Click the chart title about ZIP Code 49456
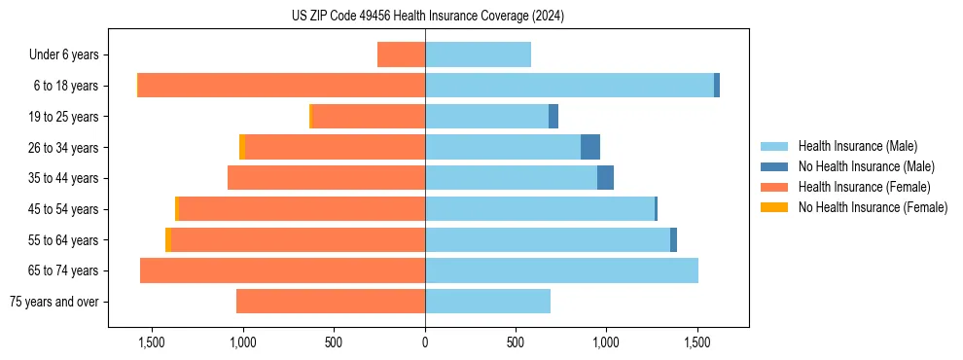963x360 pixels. click(427, 16)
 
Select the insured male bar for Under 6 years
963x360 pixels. click(478, 54)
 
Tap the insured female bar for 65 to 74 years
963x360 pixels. click(282, 270)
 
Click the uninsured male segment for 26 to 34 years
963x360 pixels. click(589, 147)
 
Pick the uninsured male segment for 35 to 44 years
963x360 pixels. click(605, 178)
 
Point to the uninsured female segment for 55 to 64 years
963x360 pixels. click(168, 239)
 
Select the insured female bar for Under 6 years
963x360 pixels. click(401, 54)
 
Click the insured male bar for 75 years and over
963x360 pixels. click(487, 302)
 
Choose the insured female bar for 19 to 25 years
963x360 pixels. click(368, 117)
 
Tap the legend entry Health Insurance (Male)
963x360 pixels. click(857, 146)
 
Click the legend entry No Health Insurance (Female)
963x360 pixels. click(872, 207)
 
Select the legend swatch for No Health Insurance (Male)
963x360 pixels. click(774, 166)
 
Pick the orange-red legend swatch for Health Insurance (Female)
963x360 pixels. click(774, 187)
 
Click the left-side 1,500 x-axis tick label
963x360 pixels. click(151, 342)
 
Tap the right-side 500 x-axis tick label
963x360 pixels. click(516, 342)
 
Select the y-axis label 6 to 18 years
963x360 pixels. click(65, 86)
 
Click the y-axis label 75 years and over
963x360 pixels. click(53, 302)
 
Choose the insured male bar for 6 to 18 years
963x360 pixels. click(569, 86)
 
